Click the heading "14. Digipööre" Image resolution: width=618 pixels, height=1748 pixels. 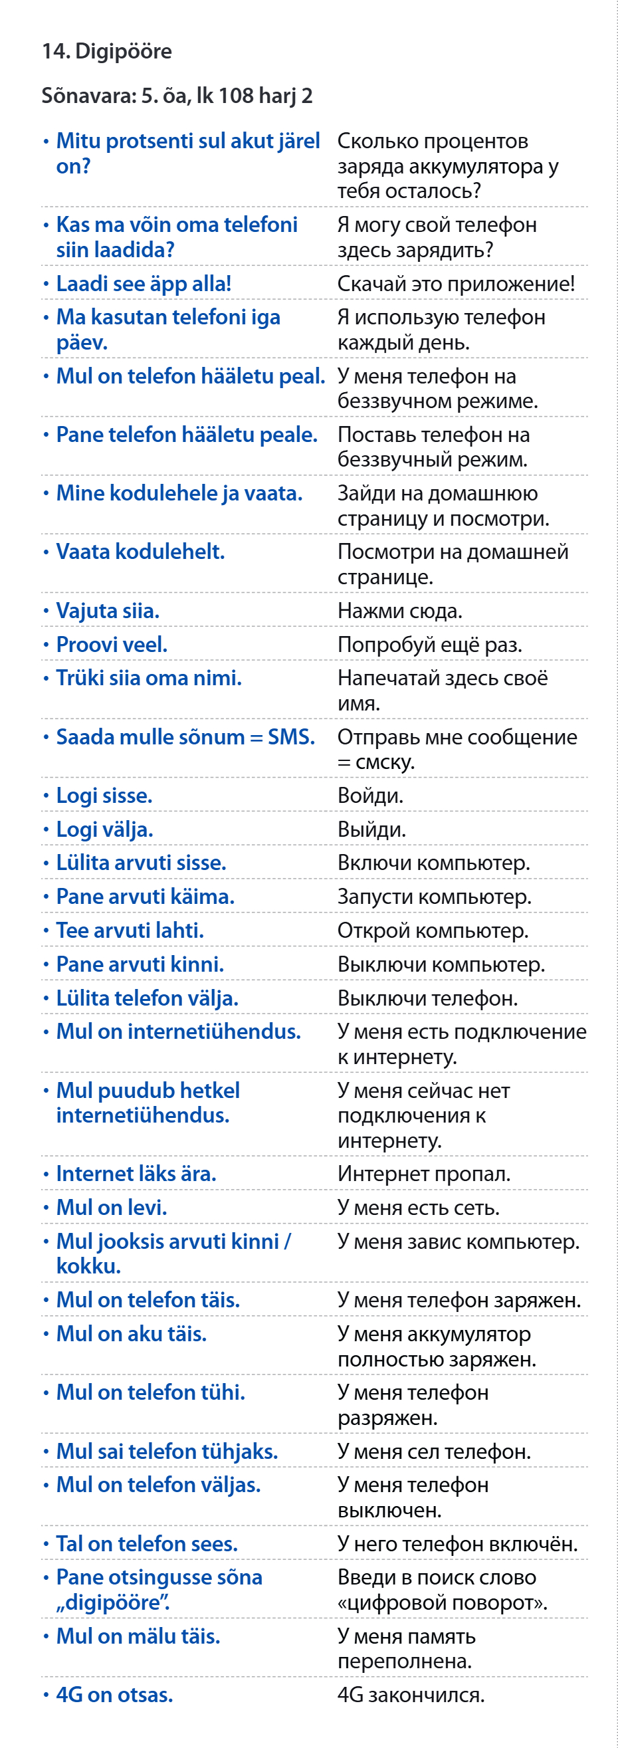pyautogui.click(x=106, y=51)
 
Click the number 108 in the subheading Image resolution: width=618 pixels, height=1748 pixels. pyautogui.click(x=235, y=96)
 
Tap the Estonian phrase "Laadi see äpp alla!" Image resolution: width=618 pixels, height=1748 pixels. pyautogui.click(x=144, y=284)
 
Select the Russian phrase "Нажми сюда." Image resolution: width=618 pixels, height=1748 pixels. pyautogui.click(x=399, y=611)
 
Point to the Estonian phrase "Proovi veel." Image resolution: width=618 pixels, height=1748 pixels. pyautogui.click(x=112, y=645)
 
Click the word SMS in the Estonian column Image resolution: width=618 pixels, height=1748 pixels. pyautogui.click(x=291, y=737)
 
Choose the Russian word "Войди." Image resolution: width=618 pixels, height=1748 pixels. pyautogui.click(x=370, y=796)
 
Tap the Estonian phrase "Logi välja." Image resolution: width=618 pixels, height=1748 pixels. pyautogui.click(x=104, y=829)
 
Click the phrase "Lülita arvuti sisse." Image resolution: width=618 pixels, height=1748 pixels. pyautogui.click(x=141, y=863)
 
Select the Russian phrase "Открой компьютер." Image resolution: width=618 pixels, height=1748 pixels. pyautogui.click(x=433, y=930)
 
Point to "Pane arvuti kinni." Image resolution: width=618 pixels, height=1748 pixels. pyautogui.click(x=140, y=964)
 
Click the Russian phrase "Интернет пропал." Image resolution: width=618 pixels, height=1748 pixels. pyautogui.click(x=424, y=1174)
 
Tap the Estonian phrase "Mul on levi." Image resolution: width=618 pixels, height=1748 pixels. pyautogui.click(x=111, y=1208)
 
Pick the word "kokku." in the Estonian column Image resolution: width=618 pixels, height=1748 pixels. pyautogui.click(x=89, y=1266)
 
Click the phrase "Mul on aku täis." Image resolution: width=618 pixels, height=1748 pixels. pyautogui.click(x=132, y=1334)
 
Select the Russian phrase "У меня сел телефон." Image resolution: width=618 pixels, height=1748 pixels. pyautogui.click(x=434, y=1452)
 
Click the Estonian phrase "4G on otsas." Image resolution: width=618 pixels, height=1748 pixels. pyautogui.click(x=115, y=1695)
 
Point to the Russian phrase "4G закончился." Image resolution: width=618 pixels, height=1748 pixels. pyautogui.click(x=411, y=1695)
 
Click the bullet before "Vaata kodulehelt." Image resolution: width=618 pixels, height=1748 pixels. pyautogui.click(x=46, y=552)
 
